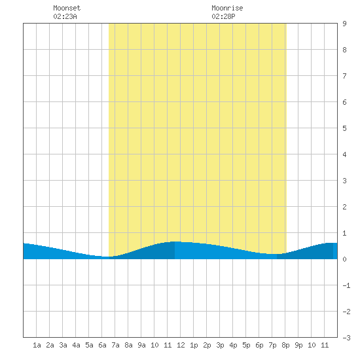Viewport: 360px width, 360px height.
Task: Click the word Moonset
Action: pyautogui.click(x=67, y=8)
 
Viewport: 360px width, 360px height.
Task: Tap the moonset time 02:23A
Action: pyautogui.click(x=65, y=16)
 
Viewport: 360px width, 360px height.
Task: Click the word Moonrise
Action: pyautogui.click(x=227, y=8)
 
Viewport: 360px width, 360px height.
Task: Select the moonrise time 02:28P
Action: pyautogui.click(x=223, y=16)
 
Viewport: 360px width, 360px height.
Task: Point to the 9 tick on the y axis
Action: pyautogui.click(x=344, y=24)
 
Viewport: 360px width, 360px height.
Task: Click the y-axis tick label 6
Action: pyautogui.click(x=344, y=102)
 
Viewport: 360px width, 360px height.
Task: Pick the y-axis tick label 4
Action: pyautogui.click(x=344, y=154)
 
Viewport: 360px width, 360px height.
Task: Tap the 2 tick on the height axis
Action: pyautogui.click(x=344, y=207)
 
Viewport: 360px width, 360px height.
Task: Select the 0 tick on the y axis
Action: pyautogui.click(x=344, y=259)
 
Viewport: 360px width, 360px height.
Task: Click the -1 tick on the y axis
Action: pyautogui.click(x=346, y=285)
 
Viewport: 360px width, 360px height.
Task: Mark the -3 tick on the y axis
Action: pyautogui.click(x=346, y=338)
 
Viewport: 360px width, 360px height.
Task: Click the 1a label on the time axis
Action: pyautogui.click(x=37, y=345)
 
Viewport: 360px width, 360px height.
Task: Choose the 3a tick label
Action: pyautogui.click(x=63, y=345)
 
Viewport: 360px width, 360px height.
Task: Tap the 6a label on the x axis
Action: pyautogui.click(x=102, y=345)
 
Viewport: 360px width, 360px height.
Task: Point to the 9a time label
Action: pyautogui.click(x=141, y=345)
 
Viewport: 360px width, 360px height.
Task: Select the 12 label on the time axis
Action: pyautogui.click(x=181, y=345)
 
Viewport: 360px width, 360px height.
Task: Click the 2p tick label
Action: pyautogui.click(x=207, y=345)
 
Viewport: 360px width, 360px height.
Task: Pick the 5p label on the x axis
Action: pyautogui.click(x=246, y=345)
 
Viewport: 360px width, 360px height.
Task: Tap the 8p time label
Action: pyautogui.click(x=285, y=345)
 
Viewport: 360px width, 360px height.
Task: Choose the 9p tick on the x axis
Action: pyautogui.click(x=298, y=345)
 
